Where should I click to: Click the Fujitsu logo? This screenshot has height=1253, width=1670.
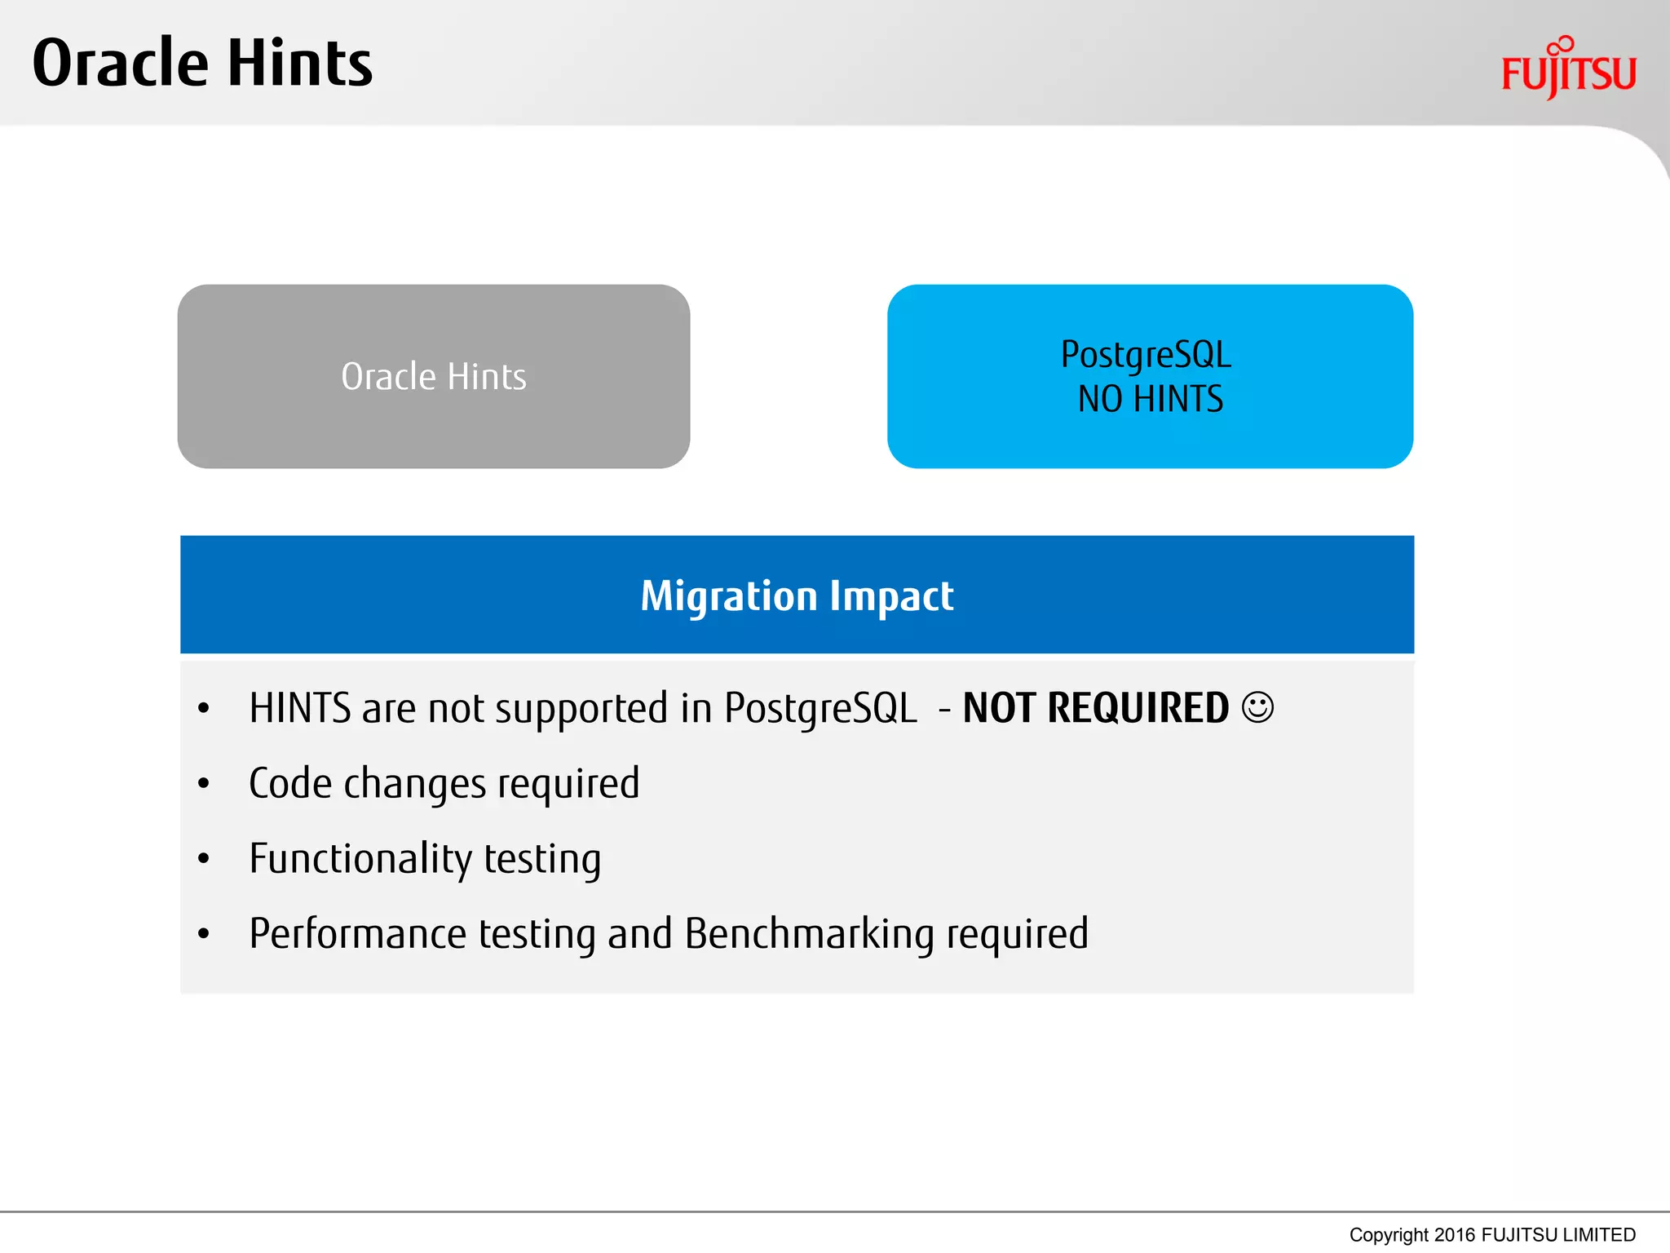1568,70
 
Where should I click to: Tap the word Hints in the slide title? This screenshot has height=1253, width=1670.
299,64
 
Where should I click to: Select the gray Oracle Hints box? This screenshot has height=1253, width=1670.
433,376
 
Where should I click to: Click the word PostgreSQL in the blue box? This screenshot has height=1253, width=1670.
1146,355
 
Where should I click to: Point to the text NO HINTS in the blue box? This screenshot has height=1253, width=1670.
1150,400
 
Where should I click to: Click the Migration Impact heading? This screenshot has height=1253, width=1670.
797,596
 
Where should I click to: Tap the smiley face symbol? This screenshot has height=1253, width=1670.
1257,706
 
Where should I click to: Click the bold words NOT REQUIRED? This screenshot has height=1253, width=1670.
1095,708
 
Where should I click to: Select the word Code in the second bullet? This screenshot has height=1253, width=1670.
290,784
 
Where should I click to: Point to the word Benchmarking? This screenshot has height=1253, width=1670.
809,934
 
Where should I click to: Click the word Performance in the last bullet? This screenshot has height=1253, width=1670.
357,934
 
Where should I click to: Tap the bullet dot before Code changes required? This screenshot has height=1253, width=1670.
204,784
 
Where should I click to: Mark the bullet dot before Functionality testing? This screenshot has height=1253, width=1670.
204,859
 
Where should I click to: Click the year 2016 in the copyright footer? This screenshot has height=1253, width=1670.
1456,1235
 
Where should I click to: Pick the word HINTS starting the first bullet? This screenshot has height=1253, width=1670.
300,708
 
